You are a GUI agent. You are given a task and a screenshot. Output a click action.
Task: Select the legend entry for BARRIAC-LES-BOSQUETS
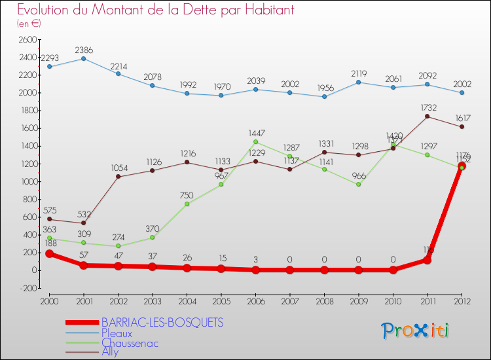tap(162, 322)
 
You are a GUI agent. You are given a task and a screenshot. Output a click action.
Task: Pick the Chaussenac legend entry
tap(130, 342)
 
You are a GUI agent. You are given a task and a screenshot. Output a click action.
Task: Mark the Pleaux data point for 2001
tap(83, 58)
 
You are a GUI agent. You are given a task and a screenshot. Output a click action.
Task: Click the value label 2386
tap(83, 49)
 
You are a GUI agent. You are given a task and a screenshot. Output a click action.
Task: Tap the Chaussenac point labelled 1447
tap(255, 141)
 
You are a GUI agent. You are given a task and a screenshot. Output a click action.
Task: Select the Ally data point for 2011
tap(427, 117)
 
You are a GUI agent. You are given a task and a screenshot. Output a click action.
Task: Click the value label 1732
tap(427, 107)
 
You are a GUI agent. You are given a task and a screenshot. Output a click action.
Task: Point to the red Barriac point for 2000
tap(49, 253)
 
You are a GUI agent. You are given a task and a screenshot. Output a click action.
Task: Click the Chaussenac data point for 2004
tap(187, 204)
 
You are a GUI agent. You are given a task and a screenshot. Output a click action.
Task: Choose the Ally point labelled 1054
tap(118, 176)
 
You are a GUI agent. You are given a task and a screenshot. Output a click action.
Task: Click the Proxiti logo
tap(416, 331)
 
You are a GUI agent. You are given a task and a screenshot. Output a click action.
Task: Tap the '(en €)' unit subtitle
tap(29, 24)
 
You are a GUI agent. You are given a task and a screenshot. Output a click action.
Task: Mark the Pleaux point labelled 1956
tap(324, 96)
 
